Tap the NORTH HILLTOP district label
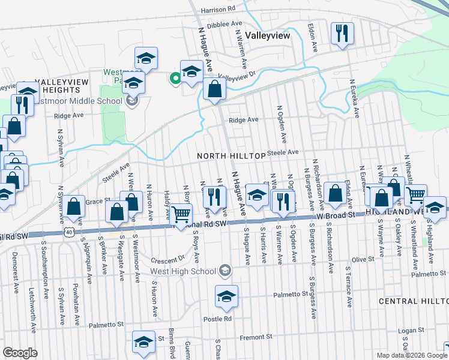[231, 156]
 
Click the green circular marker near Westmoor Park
[175, 77]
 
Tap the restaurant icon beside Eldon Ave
[342, 34]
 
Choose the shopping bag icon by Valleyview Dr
[214, 90]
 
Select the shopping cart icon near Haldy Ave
[181, 215]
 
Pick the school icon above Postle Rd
[226, 297]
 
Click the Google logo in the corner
[20, 353]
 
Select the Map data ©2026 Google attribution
[412, 355]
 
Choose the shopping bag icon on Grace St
[74, 207]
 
